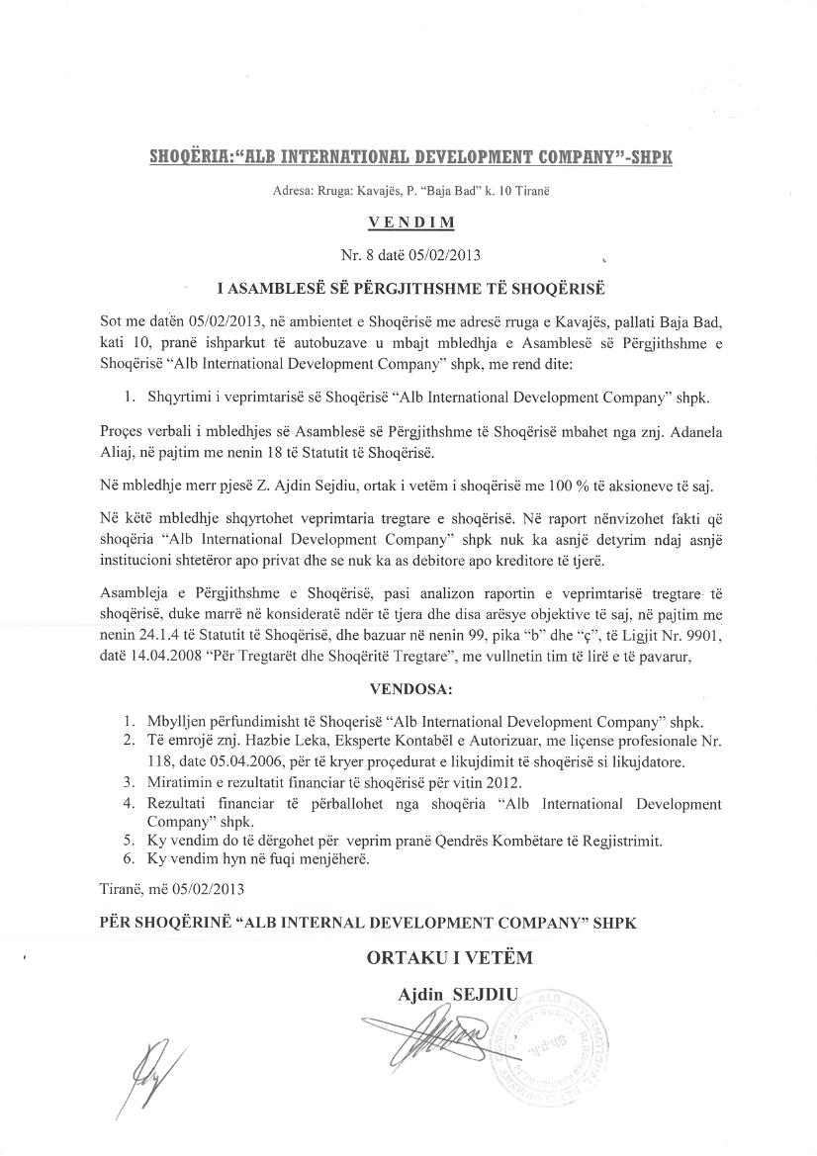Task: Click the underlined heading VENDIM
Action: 408,223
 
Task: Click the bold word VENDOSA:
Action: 408,686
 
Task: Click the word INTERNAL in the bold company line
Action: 297,922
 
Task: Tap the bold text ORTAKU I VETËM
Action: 449,958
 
